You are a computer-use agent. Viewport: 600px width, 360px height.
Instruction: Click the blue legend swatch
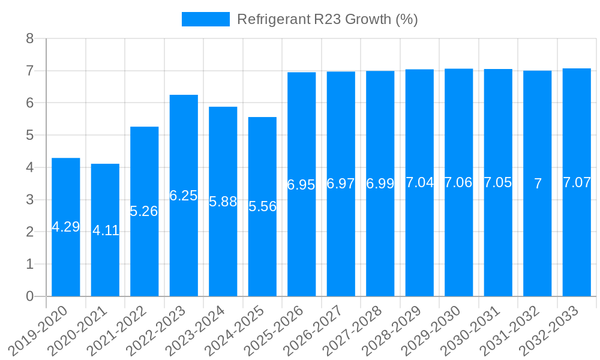coord(206,19)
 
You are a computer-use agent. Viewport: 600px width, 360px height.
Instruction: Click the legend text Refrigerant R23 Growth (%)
coord(327,19)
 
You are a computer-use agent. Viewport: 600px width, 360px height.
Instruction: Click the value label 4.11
coord(106,230)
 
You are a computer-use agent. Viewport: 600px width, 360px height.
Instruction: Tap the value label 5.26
coord(144,211)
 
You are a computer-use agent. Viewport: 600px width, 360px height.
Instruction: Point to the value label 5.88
coord(223,202)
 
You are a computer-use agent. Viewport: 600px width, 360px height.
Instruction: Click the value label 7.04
coord(419,182)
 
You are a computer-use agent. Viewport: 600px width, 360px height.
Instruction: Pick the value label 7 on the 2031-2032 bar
coord(538,184)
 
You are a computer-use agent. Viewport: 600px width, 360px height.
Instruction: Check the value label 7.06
coord(458,182)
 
